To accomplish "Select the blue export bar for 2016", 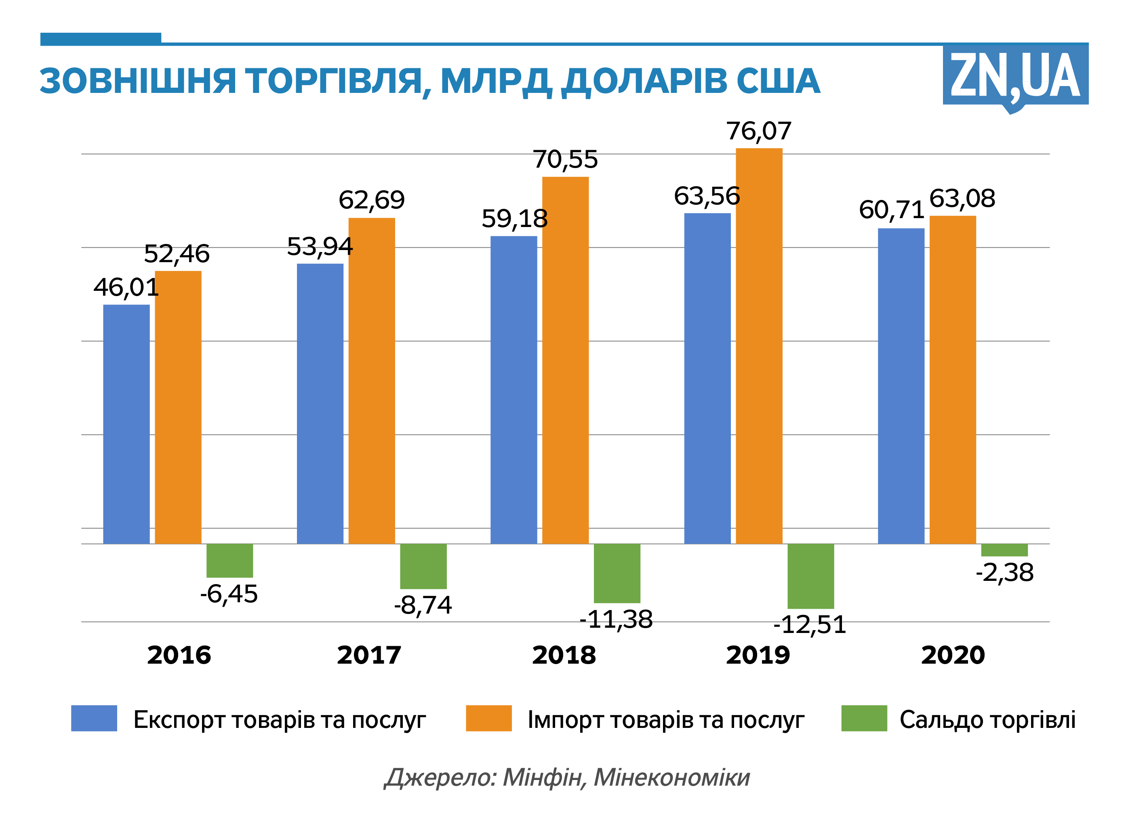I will (126, 424).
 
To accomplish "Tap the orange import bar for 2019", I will (759, 346).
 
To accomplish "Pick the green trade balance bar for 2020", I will (1004, 550).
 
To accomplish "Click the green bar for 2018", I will (617, 573).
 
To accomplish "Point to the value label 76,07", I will (759, 131).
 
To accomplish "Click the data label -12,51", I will (810, 625).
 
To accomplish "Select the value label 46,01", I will (126, 288).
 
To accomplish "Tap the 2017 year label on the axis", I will (369, 655).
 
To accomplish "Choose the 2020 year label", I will (953, 655).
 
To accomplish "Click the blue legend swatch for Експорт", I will (94, 719).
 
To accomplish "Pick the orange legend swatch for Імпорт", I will (488, 719).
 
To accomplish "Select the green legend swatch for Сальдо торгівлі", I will (864, 719).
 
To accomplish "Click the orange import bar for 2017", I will (372, 381).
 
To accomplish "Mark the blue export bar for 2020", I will (901, 386).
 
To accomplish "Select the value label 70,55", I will (565, 160).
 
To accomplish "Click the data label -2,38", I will (1004, 573).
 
